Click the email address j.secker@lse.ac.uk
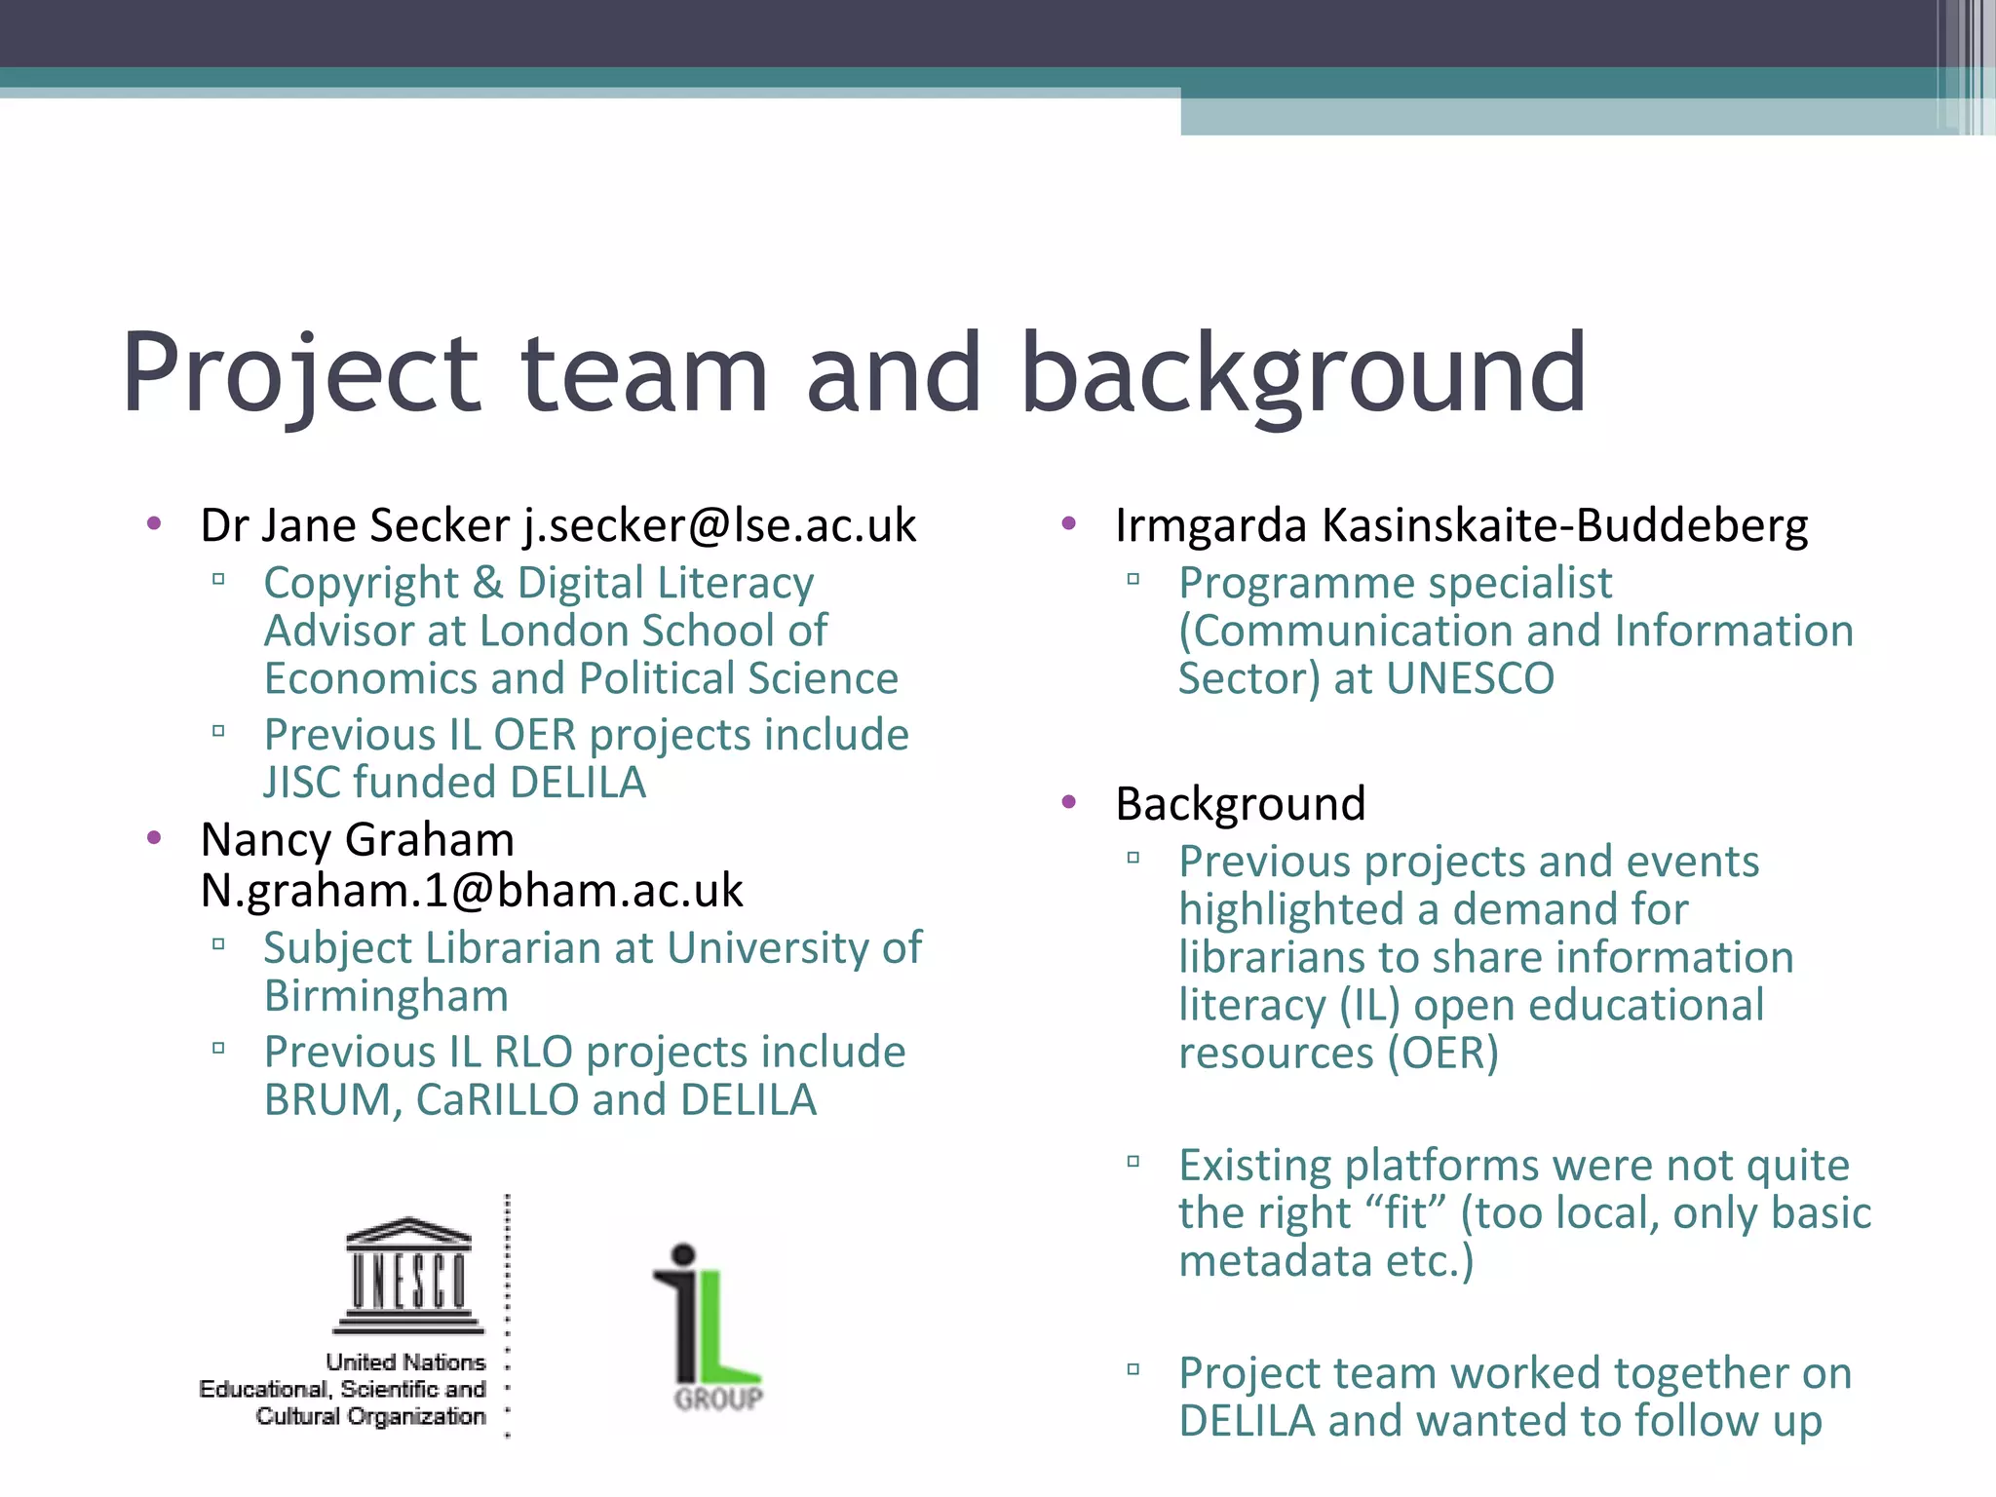coord(719,526)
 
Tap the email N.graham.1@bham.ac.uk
coord(472,891)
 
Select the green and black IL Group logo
coord(709,1325)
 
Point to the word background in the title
coord(1303,374)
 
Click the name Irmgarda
coord(1210,526)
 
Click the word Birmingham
coord(386,996)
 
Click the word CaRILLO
coord(497,1100)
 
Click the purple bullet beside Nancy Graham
coord(154,838)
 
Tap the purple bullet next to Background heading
coord(1069,802)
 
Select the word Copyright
coord(361,584)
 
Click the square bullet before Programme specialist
coord(1132,579)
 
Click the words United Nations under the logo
coord(405,1362)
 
